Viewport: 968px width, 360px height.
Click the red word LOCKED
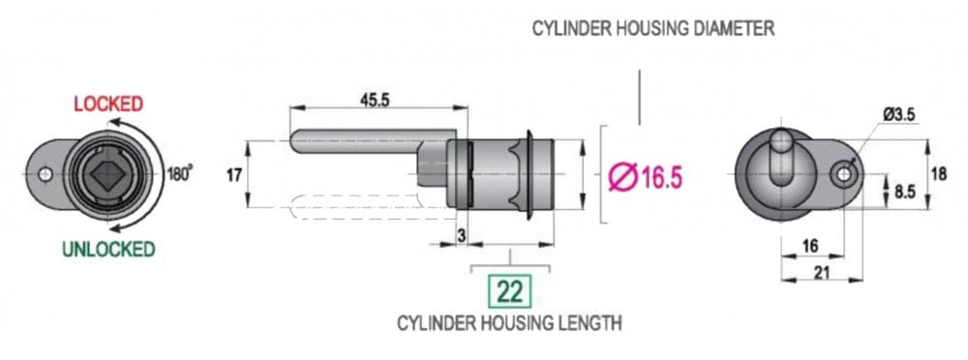(108, 104)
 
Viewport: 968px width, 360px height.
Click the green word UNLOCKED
(108, 250)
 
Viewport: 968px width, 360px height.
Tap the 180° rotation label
(180, 174)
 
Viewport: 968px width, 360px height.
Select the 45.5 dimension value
(375, 100)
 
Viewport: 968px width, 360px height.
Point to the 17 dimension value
(233, 175)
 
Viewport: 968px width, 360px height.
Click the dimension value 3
(460, 234)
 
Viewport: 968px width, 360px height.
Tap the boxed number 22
(510, 292)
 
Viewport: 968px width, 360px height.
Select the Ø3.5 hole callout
(898, 114)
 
